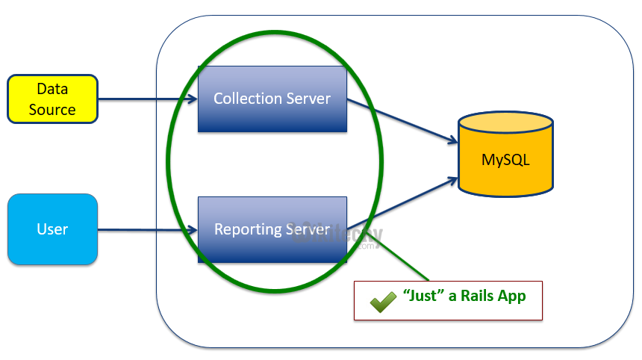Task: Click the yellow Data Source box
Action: click(x=52, y=99)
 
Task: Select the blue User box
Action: click(x=52, y=229)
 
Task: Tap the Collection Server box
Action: click(x=272, y=99)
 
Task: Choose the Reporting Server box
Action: click(x=272, y=229)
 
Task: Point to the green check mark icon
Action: click(x=383, y=300)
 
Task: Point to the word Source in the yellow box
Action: click(x=52, y=109)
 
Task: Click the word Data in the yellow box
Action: click(x=52, y=89)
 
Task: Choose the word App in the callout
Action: click(x=513, y=296)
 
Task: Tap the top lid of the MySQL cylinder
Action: click(x=505, y=122)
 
